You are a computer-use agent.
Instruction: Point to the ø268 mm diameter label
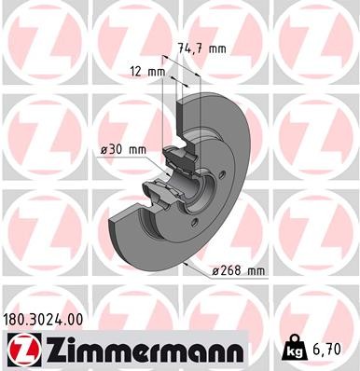click(x=241, y=270)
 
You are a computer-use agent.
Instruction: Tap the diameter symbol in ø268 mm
click(x=216, y=270)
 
